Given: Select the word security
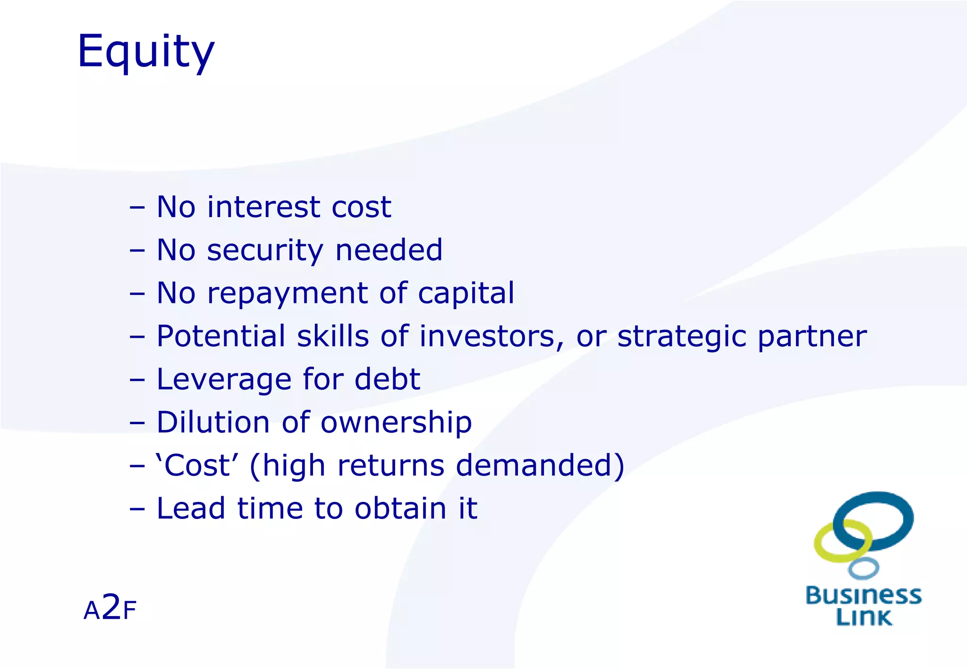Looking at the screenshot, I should (x=265, y=250).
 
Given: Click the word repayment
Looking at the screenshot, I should (x=287, y=293).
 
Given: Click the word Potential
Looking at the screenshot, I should (x=221, y=336).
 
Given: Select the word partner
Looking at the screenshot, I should (x=812, y=337).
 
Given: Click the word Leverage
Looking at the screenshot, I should (x=223, y=379).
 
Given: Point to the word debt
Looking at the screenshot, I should (x=387, y=379).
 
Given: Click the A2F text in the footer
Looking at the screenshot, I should (x=110, y=609).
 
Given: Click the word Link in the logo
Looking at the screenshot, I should (x=864, y=617).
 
